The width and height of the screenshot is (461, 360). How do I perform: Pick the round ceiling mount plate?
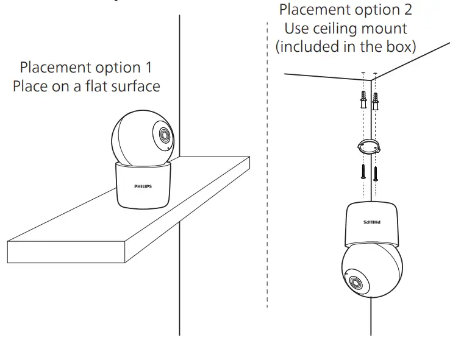point(368,147)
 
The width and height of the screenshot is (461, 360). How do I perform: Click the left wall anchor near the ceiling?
point(363,99)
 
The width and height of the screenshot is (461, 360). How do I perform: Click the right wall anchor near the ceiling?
point(376,99)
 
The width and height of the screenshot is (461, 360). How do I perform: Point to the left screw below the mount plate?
point(363,171)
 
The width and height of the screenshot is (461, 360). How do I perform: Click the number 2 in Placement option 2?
point(407,10)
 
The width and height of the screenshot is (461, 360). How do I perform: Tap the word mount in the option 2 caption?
point(386,28)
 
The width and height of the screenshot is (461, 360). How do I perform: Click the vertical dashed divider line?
point(267,183)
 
